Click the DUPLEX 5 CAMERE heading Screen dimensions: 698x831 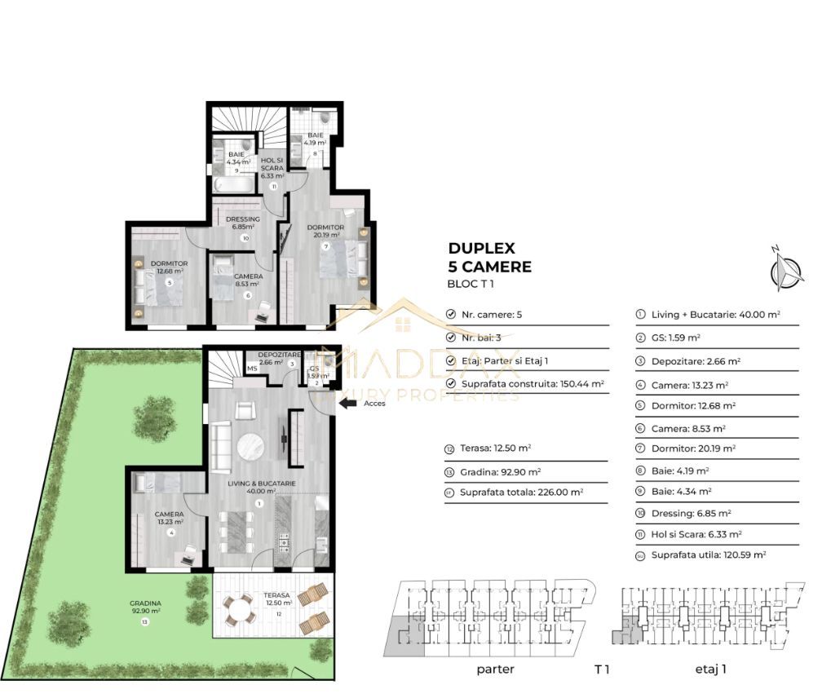click(x=489, y=257)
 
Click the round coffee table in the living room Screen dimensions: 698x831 click(x=251, y=447)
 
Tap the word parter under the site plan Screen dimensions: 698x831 click(x=494, y=669)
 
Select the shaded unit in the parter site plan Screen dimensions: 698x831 click(x=404, y=635)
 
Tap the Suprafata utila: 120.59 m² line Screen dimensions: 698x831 click(x=708, y=554)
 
